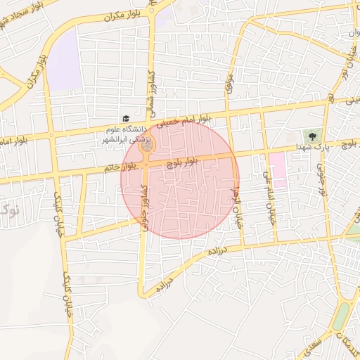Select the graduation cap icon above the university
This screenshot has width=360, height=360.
125,119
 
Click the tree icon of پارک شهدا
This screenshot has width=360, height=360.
310,134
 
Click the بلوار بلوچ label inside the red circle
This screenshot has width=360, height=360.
183,161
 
